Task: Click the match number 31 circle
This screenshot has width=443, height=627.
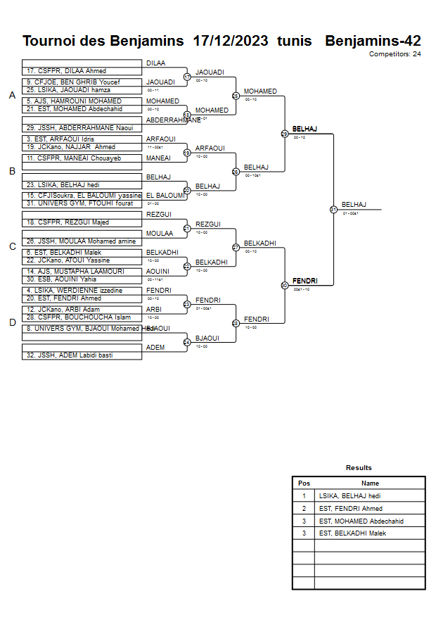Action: click(333, 209)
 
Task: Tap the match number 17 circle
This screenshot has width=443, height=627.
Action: click(187, 77)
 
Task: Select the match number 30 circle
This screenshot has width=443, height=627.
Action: click(284, 285)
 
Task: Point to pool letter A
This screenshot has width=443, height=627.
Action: click(12, 96)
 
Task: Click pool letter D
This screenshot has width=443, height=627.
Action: click(12, 323)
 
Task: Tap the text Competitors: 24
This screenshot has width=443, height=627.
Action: click(395, 53)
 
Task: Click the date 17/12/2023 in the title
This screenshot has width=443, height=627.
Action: click(231, 41)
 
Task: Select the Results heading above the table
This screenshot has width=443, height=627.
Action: click(359, 467)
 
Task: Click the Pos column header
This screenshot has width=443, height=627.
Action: click(304, 483)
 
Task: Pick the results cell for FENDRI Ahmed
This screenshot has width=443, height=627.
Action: click(351, 508)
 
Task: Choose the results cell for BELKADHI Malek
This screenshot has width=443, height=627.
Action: click(352, 533)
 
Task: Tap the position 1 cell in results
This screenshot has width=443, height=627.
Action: click(304, 496)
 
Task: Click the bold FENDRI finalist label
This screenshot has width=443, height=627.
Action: click(304, 281)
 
